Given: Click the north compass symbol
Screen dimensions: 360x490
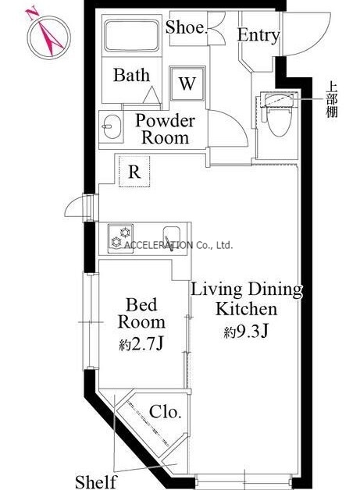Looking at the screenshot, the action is point(48,37).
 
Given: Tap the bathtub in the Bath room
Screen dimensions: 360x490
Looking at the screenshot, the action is point(132,36).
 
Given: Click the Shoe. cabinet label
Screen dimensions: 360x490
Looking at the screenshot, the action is point(187,27).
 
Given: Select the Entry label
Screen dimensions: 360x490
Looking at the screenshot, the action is point(258,34).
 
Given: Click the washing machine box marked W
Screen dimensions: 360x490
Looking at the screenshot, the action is point(187,83).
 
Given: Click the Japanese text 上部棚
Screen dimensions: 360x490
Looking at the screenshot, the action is point(332,99).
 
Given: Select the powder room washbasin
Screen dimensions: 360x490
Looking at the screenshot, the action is point(112,127).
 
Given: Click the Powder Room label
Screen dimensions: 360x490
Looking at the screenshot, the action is point(165,129).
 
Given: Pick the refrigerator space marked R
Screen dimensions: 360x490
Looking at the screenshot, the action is point(134,172).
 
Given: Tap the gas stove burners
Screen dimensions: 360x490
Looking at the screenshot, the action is point(120,238).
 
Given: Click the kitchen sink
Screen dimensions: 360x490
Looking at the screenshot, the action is point(171,237).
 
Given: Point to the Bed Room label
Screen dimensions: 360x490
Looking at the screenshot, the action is point(141,313).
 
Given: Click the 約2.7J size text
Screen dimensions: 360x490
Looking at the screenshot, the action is point(141,344).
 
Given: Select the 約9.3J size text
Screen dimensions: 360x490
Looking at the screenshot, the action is point(247,332).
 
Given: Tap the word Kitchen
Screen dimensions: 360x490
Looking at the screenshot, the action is point(247,309).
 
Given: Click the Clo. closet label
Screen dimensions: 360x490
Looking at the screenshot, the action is point(165,411).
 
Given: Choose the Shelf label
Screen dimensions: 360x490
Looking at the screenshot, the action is point(95,481).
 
